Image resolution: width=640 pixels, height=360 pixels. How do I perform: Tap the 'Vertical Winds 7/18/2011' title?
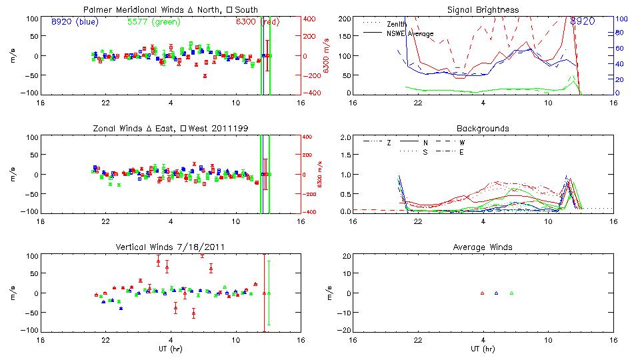pos(170,247)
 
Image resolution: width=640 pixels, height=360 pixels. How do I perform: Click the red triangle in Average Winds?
pos(482,293)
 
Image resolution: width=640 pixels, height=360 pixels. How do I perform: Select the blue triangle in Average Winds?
pos(497,293)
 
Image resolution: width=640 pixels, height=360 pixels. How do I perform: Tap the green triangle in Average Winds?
pos(511,293)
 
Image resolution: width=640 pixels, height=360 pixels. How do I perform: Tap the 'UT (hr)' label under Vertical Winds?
pos(170,349)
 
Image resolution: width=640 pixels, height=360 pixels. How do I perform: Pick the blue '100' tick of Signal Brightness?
pos(619,19)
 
